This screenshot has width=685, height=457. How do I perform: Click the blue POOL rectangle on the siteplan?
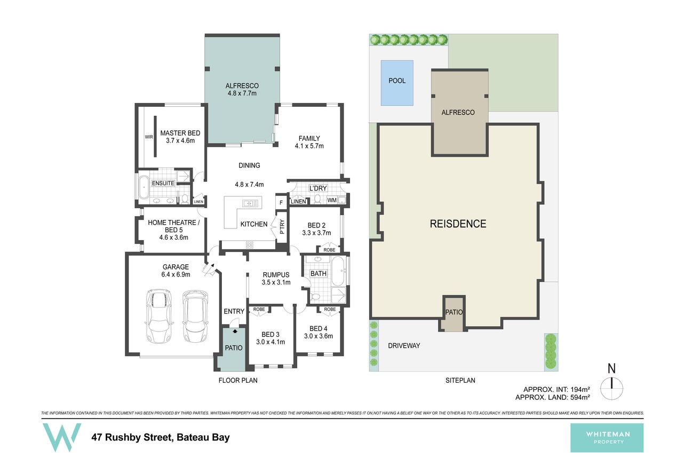(x=397, y=83)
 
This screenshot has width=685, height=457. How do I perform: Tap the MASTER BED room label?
(x=180, y=133)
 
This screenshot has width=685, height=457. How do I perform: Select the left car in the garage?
(x=158, y=316)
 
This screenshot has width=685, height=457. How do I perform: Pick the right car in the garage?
(x=195, y=316)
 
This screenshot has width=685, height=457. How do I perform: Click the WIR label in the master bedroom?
(x=149, y=137)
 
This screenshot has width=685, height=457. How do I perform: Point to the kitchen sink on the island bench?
(x=250, y=203)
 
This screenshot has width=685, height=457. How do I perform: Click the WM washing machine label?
(x=332, y=200)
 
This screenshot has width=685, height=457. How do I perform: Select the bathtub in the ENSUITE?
(x=143, y=187)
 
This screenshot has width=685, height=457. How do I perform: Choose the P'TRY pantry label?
(x=282, y=226)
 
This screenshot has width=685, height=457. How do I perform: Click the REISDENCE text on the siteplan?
(x=458, y=224)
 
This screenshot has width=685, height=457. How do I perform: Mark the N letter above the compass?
(x=611, y=368)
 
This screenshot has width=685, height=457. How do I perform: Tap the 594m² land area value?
(x=580, y=397)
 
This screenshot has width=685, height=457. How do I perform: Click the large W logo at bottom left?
(x=61, y=437)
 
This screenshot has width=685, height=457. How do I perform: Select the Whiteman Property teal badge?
(x=607, y=438)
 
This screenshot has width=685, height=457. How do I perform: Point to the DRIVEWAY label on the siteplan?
(x=404, y=345)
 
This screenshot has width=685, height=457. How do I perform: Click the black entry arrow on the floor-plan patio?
(x=235, y=330)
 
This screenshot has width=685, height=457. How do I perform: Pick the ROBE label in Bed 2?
(x=329, y=250)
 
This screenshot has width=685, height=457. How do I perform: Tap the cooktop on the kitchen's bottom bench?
(x=250, y=245)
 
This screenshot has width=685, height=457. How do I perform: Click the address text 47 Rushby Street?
(x=132, y=437)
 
